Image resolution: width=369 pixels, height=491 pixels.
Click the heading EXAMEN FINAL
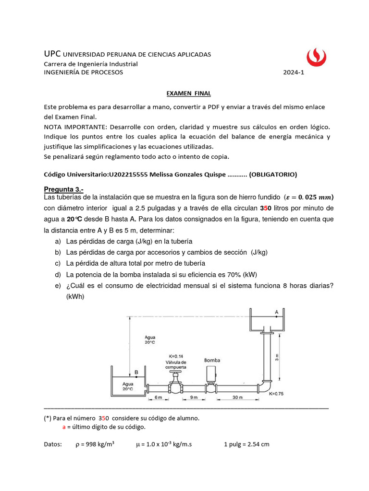click(x=185, y=94)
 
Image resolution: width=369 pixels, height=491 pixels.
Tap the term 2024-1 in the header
click(x=294, y=72)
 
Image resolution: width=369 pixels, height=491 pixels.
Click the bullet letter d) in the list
click(x=58, y=275)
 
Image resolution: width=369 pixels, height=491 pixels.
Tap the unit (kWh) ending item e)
click(x=75, y=297)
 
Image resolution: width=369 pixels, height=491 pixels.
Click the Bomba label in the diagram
click(x=212, y=360)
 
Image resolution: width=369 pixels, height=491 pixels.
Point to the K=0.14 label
click(x=176, y=356)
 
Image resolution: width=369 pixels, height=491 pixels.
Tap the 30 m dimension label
click(x=236, y=397)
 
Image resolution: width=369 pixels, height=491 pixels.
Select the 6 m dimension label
click(x=158, y=397)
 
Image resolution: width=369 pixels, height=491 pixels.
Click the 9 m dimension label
click(x=194, y=397)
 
